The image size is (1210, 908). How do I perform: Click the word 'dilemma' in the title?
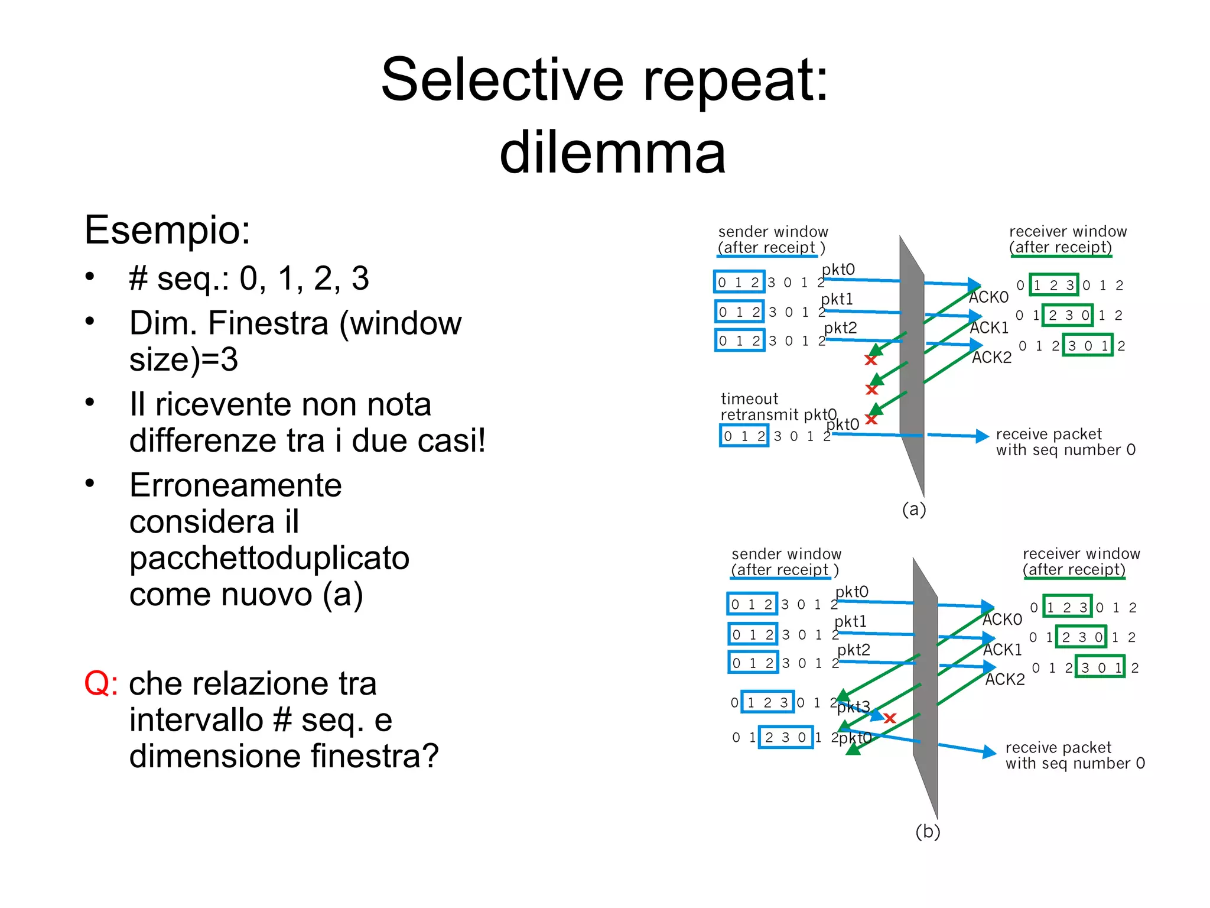click(613, 153)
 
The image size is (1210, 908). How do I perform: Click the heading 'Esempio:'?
click(167, 229)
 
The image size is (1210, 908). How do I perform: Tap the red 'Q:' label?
click(100, 684)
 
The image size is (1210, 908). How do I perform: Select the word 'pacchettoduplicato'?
click(269, 558)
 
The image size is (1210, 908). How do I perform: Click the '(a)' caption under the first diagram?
click(913, 509)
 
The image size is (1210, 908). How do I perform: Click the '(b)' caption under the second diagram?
click(927, 831)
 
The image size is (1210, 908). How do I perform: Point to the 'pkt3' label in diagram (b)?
click(854, 706)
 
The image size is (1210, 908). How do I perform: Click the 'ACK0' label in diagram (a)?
click(989, 297)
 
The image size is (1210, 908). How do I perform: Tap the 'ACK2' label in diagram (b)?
click(1005, 679)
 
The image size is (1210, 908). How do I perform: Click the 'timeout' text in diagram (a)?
click(749, 399)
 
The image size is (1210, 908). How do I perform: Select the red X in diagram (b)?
click(890, 718)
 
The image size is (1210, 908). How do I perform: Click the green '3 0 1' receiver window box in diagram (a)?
click(1087, 346)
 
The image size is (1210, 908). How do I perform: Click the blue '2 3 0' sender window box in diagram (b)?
click(785, 737)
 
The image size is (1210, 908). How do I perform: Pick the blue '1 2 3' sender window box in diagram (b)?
click(767, 702)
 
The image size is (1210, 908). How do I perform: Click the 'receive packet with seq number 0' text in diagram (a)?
click(1065, 442)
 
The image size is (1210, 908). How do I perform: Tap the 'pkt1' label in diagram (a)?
click(837, 300)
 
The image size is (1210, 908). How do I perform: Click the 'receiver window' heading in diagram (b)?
click(1081, 554)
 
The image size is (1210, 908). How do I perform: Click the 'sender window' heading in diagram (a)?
click(773, 232)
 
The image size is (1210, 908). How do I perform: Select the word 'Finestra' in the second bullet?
click(271, 323)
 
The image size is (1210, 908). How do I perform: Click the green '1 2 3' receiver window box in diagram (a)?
click(1053, 286)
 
